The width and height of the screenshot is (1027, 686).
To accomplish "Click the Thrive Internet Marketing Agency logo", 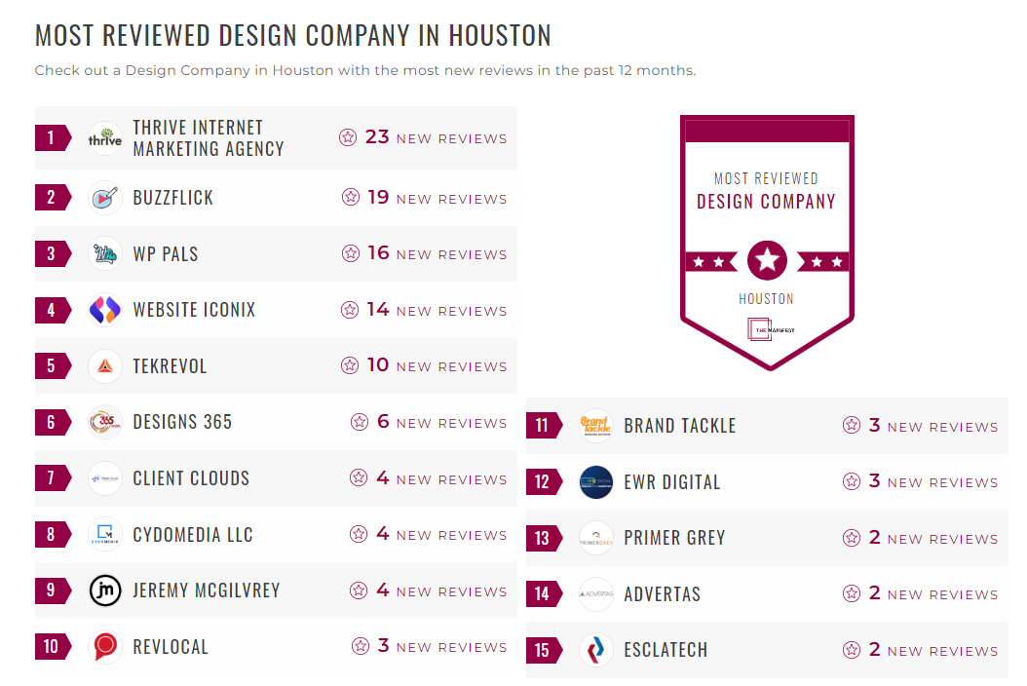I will pyautogui.click(x=105, y=138).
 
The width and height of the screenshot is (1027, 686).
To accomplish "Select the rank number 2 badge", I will pyautogui.click(x=52, y=198).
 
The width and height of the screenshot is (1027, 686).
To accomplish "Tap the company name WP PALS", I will pyautogui.click(x=166, y=254).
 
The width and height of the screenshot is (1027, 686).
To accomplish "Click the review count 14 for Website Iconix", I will pyautogui.click(x=378, y=310).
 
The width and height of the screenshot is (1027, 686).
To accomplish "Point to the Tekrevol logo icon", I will pyautogui.click(x=105, y=366).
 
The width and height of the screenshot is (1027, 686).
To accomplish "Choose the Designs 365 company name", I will pyautogui.click(x=182, y=423).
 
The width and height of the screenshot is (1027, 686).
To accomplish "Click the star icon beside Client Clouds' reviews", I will pyautogui.click(x=359, y=478).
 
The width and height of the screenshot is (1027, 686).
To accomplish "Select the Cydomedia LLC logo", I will pyautogui.click(x=105, y=535).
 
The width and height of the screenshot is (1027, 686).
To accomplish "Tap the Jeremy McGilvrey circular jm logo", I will pyautogui.click(x=105, y=591).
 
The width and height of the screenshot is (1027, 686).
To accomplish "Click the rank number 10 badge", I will pyautogui.click(x=52, y=647).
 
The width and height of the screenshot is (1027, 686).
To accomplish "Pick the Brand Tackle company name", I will pyautogui.click(x=679, y=426).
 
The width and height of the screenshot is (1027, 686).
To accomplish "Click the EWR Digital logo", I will pyautogui.click(x=596, y=482).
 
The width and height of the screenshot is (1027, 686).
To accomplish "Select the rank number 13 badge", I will pyautogui.click(x=543, y=539).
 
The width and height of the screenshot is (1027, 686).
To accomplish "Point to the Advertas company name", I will pyautogui.click(x=662, y=594).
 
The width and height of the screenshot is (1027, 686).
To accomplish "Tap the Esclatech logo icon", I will pyautogui.click(x=596, y=650).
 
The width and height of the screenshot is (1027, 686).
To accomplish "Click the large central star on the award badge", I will pyautogui.click(x=767, y=260).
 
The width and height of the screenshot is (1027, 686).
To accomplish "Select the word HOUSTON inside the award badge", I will pyautogui.click(x=766, y=299).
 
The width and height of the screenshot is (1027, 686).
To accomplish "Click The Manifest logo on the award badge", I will pyautogui.click(x=767, y=329).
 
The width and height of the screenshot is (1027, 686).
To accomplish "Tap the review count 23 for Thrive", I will pyautogui.click(x=377, y=137).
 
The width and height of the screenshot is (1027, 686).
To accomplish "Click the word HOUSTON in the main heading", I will pyautogui.click(x=499, y=35).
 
